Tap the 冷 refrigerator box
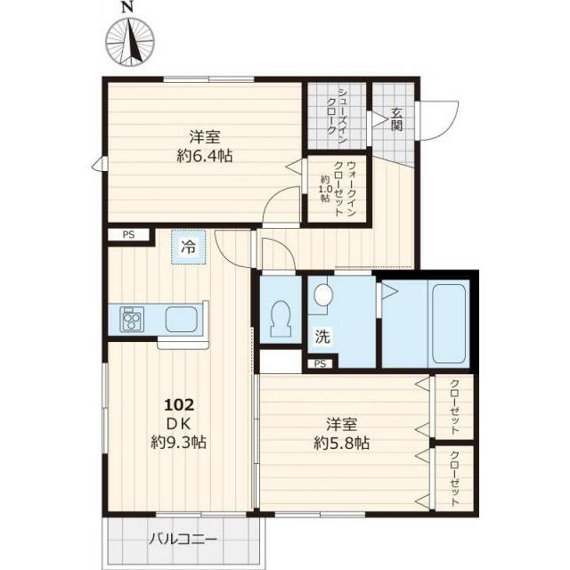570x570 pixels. click(189, 248)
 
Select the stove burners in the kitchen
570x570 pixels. click(132, 319)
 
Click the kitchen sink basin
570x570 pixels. click(182, 319)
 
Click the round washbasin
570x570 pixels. click(323, 294)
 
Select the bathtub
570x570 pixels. click(449, 323)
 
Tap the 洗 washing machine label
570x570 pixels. click(322, 337)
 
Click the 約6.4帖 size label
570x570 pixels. click(205, 157)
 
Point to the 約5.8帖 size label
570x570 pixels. click(342, 444)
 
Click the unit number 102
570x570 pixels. click(179, 404)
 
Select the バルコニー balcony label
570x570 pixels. click(183, 539)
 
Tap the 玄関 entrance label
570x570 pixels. click(396, 119)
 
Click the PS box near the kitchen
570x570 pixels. click(128, 235)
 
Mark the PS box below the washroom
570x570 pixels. click(321, 363)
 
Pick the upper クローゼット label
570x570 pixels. click(454, 407)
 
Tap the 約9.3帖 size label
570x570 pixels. click(179, 443)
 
